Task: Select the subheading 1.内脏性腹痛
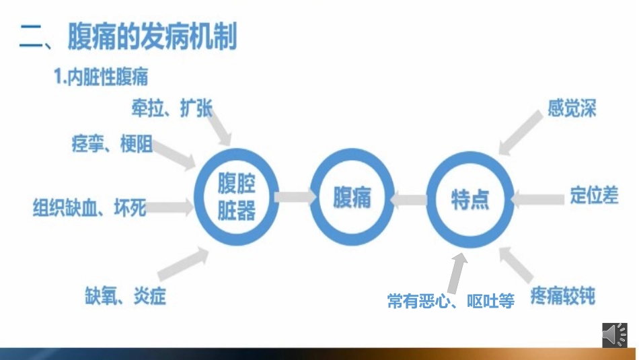click(x=101, y=77)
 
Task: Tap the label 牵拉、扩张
click(x=172, y=108)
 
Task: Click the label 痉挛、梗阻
click(x=112, y=144)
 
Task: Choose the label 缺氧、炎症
click(x=125, y=296)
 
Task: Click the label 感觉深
click(x=572, y=108)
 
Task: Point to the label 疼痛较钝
click(x=563, y=296)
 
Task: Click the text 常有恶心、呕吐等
click(x=451, y=301)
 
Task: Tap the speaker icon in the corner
click(x=614, y=334)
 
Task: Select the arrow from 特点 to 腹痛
click(x=410, y=199)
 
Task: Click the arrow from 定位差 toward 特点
click(x=538, y=198)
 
